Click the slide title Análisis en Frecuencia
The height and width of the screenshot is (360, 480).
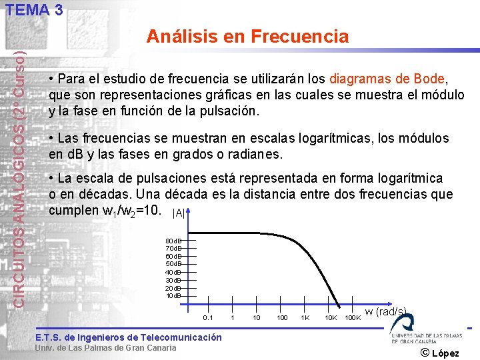point(247,36)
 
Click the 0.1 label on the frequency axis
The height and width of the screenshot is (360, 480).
point(208,318)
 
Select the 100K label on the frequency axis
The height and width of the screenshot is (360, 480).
point(353,318)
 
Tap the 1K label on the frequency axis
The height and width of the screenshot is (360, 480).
point(305,318)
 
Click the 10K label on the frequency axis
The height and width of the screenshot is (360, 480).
point(330,318)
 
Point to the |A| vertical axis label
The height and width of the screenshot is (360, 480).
point(179,213)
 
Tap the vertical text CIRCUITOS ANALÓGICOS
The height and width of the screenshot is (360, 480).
point(21,200)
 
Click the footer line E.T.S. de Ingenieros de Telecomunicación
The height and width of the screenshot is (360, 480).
point(128,337)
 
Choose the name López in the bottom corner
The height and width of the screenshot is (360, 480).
point(447,353)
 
